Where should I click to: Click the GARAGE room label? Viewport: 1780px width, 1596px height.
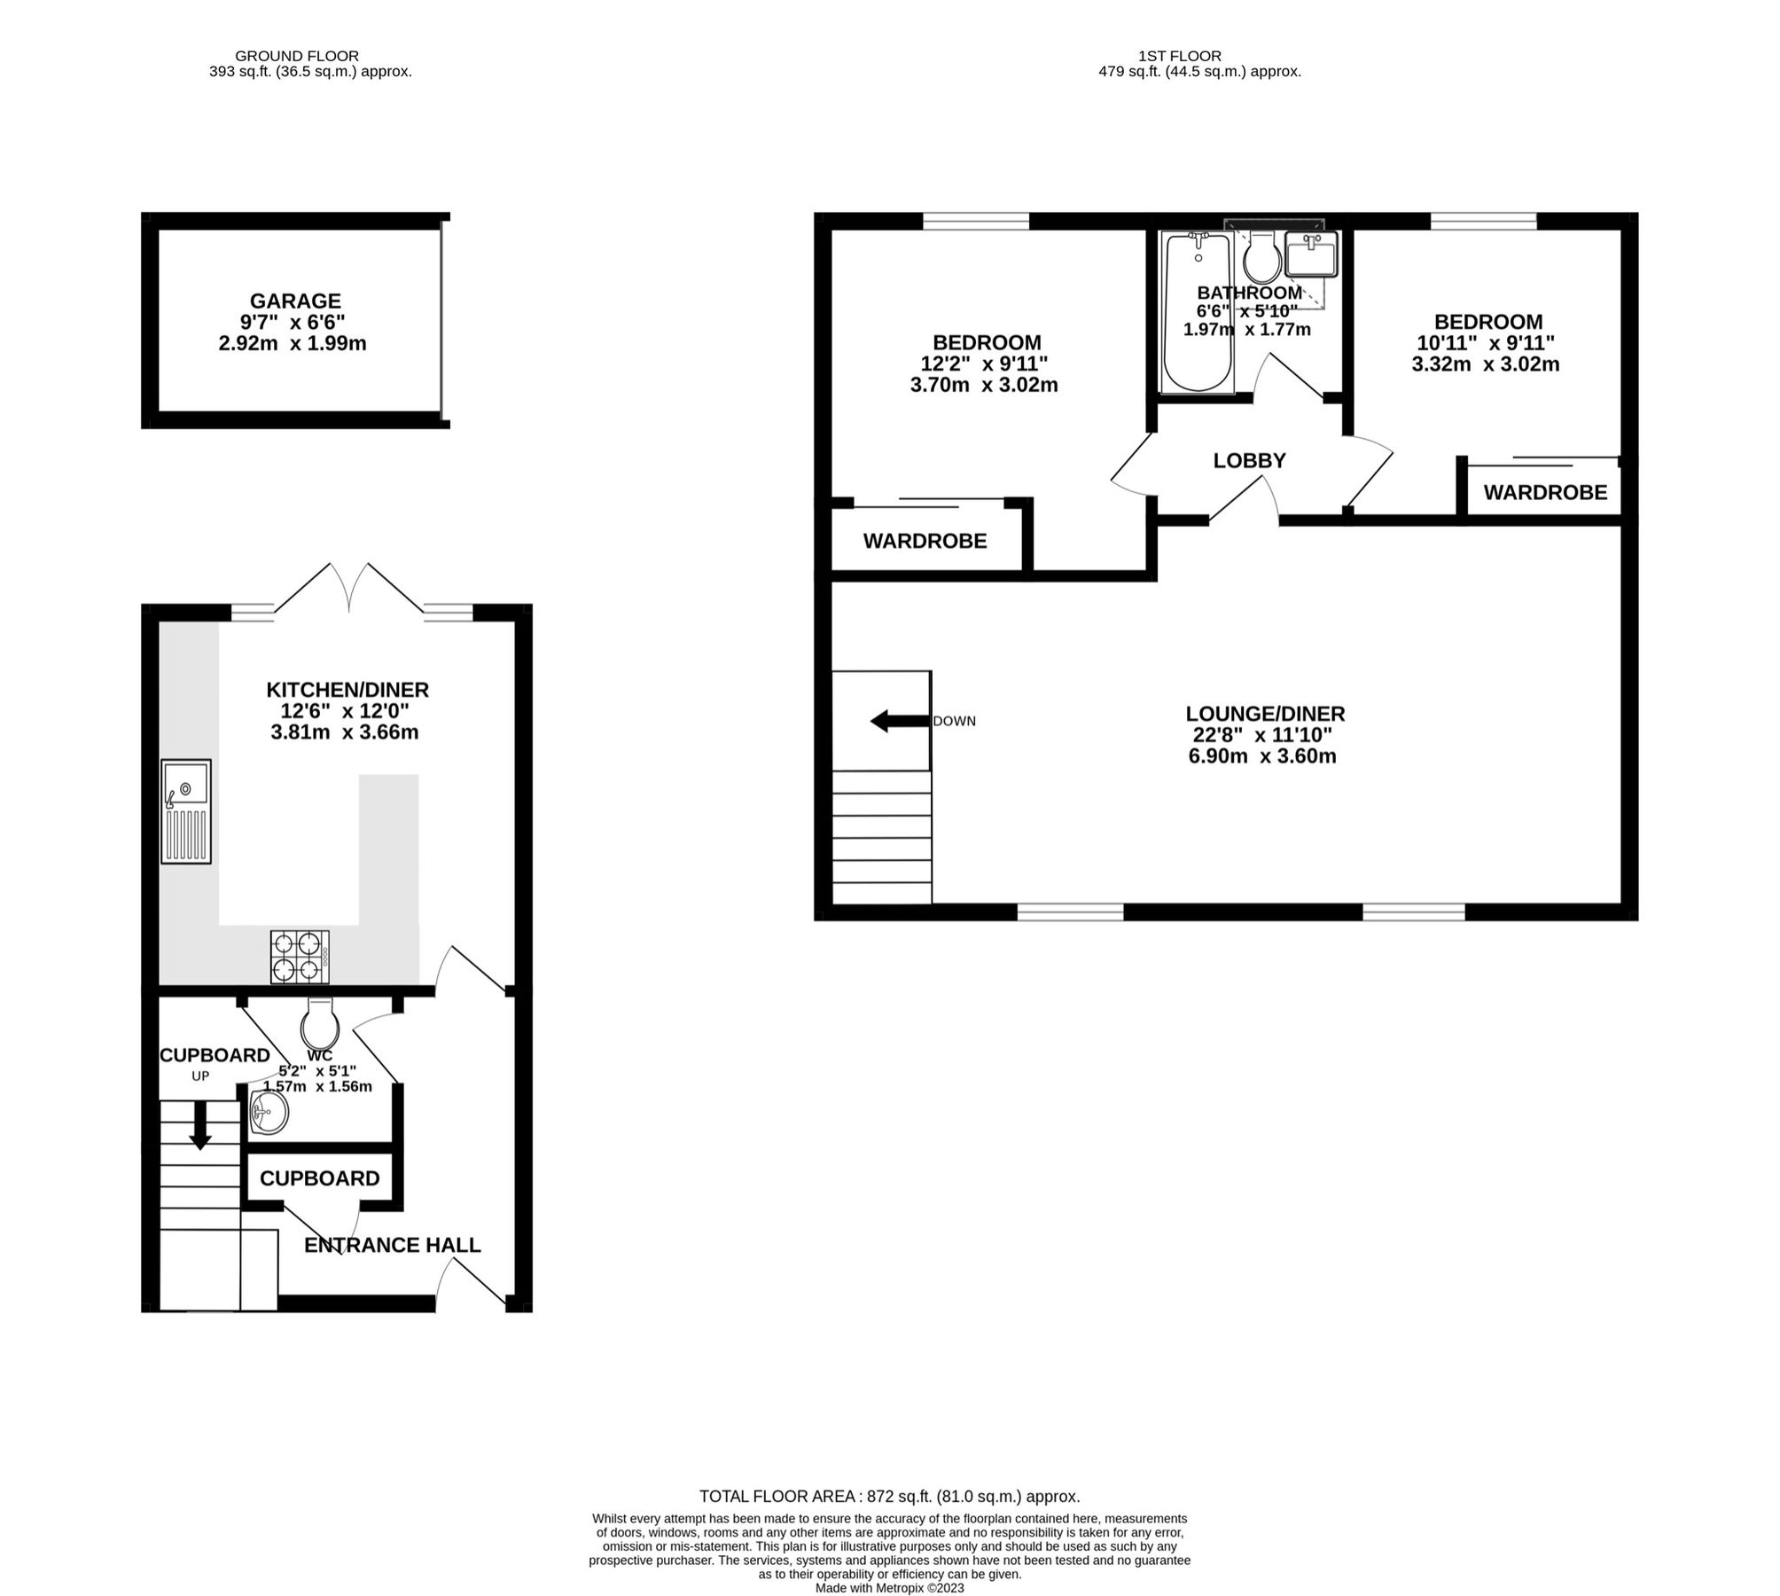(x=295, y=301)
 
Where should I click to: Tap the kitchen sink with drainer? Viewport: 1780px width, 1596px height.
(x=186, y=811)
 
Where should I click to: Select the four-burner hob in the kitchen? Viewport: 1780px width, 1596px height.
(x=299, y=957)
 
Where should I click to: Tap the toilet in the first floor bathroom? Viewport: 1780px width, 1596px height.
(x=1261, y=258)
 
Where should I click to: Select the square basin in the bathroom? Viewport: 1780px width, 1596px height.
(x=1312, y=254)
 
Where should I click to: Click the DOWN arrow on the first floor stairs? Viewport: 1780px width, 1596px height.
(x=900, y=721)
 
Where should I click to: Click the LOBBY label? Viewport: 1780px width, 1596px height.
(x=1249, y=461)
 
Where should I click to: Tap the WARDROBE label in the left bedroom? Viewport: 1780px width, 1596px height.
(x=925, y=541)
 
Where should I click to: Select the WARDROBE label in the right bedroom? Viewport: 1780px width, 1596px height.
(x=1544, y=493)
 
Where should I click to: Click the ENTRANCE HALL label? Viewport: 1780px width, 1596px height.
(x=392, y=1246)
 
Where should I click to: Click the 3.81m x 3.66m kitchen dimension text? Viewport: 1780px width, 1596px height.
(x=345, y=732)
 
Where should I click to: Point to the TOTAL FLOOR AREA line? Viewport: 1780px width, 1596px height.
(x=889, y=1497)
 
